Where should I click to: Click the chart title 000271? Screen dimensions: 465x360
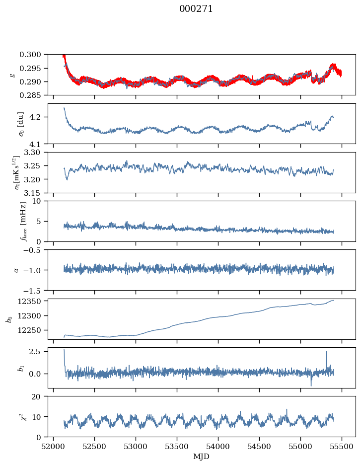click(196, 9)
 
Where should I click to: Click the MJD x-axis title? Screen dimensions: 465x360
click(202, 457)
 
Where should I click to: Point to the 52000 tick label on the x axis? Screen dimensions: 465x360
click(54, 446)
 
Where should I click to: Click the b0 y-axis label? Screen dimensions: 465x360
click(8, 318)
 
